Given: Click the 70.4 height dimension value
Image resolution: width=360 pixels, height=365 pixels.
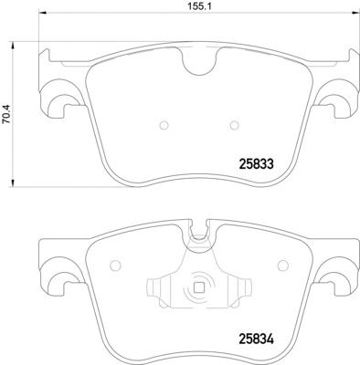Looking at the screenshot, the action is pos(5,114).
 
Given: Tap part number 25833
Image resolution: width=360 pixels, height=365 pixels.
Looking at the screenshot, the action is pos(257,164).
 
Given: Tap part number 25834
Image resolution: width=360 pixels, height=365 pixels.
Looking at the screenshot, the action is pos(257,339).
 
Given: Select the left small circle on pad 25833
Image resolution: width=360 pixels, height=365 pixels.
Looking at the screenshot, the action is pos(164,125).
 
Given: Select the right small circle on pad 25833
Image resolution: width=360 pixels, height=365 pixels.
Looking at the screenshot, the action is pos(234,125).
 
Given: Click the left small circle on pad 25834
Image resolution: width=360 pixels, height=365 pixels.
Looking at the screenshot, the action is pos(115,266).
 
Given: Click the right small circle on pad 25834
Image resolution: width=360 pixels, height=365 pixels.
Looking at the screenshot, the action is pos(283,266).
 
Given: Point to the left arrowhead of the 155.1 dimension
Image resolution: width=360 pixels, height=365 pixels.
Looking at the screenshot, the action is pos(43,13).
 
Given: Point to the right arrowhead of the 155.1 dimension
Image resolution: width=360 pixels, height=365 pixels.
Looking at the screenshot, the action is pos(355,13).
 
